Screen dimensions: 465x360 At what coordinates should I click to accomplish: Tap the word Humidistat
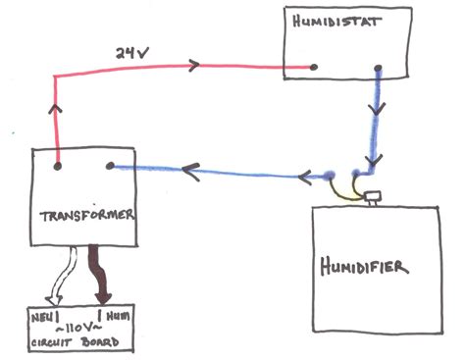click(336, 22)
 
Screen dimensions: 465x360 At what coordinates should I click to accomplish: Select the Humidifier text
click(364, 267)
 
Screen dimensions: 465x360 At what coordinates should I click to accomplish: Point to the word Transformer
click(87, 215)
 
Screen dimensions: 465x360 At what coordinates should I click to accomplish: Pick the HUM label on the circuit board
click(118, 316)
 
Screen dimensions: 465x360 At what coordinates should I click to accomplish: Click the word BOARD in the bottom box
click(100, 342)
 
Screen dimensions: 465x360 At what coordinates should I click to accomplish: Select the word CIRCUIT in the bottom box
click(51, 342)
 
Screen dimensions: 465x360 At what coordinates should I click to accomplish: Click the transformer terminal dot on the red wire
click(58, 166)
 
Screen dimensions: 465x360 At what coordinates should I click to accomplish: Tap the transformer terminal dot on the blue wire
click(110, 166)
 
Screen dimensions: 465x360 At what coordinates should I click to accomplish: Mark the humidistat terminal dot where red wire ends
click(314, 67)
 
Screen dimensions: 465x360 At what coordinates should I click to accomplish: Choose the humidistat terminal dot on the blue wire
click(378, 69)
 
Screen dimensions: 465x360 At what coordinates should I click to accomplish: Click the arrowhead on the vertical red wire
click(56, 109)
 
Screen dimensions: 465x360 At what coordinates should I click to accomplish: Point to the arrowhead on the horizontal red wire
click(194, 66)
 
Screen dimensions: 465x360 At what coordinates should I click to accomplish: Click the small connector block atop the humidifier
click(374, 197)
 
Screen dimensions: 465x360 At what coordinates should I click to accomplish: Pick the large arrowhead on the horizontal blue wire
click(191, 172)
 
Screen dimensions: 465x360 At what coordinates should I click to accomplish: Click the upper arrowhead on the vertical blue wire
click(377, 109)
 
